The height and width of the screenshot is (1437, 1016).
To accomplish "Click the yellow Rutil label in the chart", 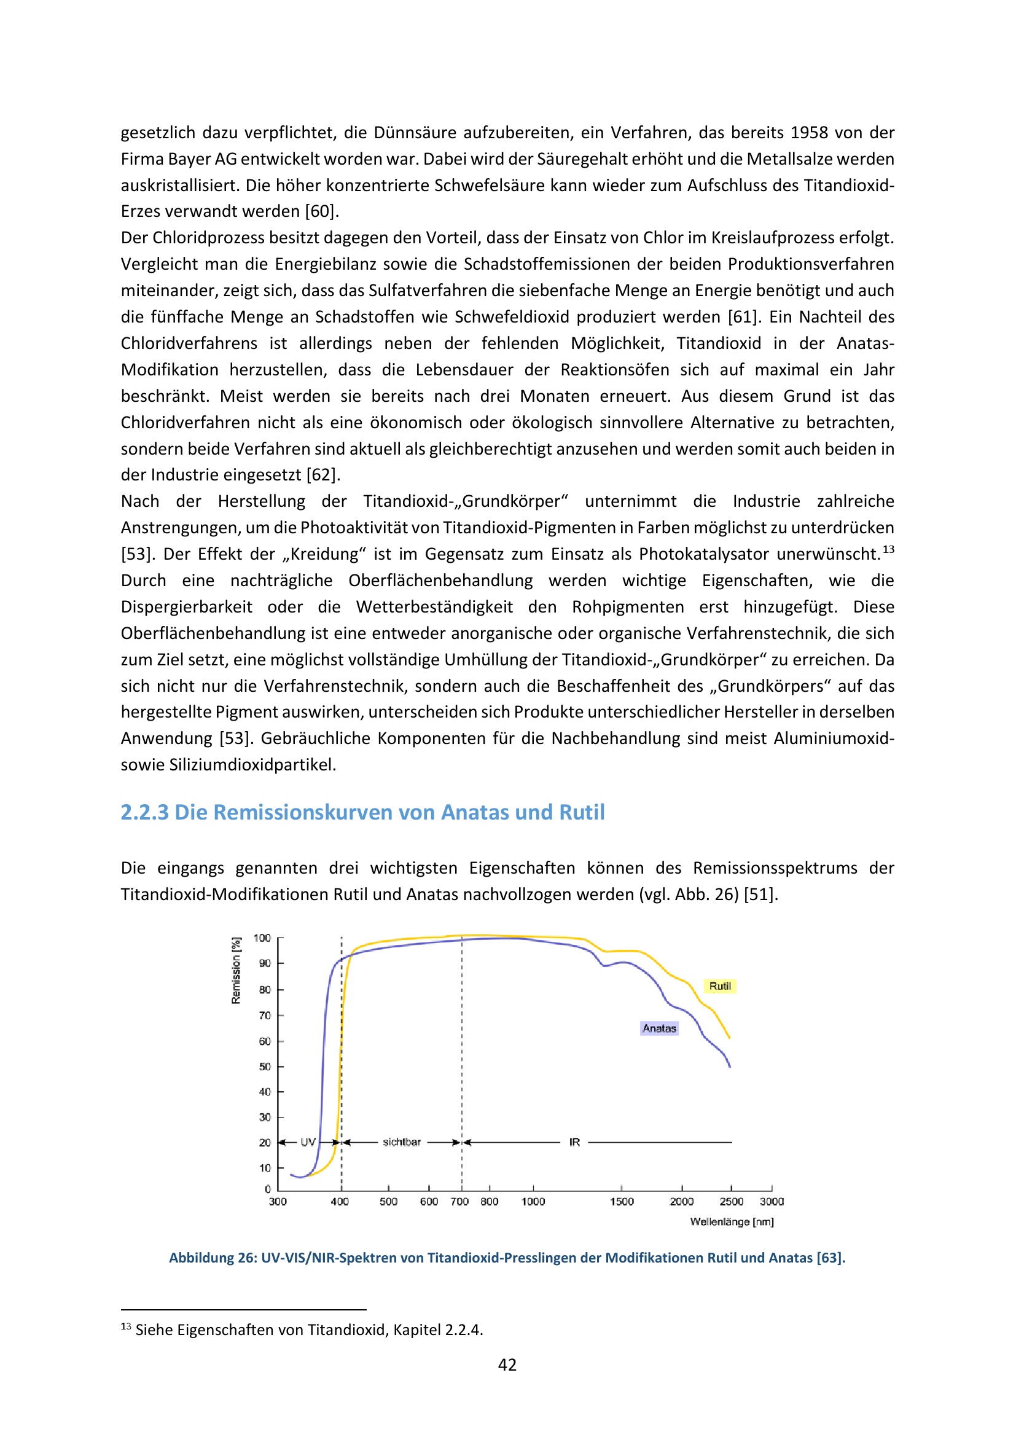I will [x=719, y=987].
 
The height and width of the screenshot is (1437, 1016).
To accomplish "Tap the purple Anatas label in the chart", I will [x=658, y=1028].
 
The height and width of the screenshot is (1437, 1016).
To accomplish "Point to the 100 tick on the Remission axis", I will [x=262, y=938].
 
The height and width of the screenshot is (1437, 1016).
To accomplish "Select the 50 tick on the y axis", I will [x=265, y=1067].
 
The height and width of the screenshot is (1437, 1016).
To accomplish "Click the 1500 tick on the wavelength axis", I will [x=622, y=1202].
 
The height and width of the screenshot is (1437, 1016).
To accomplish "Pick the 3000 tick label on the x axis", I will [x=772, y=1202].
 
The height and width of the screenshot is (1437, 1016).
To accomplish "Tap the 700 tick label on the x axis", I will [x=459, y=1202].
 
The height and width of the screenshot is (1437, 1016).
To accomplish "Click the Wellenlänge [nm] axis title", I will [x=732, y=1222].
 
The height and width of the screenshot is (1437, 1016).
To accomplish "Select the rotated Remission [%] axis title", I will [x=236, y=971].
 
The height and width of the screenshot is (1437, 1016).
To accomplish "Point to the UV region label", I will [x=308, y=1142].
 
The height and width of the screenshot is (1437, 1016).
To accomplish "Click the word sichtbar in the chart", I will [x=402, y=1142].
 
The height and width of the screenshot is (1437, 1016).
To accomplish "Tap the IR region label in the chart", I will [x=574, y=1142].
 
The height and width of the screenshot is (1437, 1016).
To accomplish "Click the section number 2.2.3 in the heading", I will [x=144, y=812].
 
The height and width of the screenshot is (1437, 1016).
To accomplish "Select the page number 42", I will [x=507, y=1365].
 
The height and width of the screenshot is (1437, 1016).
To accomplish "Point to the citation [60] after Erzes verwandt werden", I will [x=321, y=211].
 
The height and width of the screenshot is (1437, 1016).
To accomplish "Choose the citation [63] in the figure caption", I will [x=831, y=1258].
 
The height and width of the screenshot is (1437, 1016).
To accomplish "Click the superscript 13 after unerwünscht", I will [x=888, y=549].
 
